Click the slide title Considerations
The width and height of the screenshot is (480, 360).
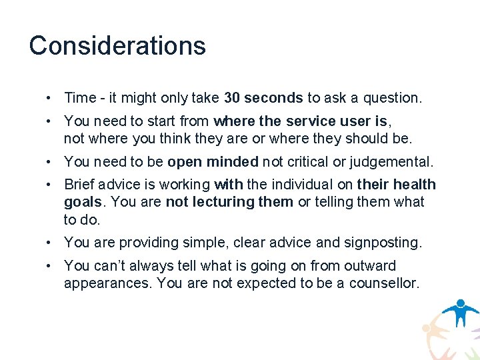coord(117,45)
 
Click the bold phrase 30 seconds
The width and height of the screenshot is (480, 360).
coord(263,98)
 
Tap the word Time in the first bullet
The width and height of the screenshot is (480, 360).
coord(80,98)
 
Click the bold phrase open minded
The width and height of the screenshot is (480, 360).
coord(213,162)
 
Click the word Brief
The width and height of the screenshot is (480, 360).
coord(79,185)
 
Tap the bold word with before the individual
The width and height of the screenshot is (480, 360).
coord(227,185)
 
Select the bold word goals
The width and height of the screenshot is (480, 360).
coord(81,202)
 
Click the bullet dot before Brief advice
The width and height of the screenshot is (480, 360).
coord(50,185)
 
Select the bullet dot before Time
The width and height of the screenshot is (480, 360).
coord(50,98)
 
